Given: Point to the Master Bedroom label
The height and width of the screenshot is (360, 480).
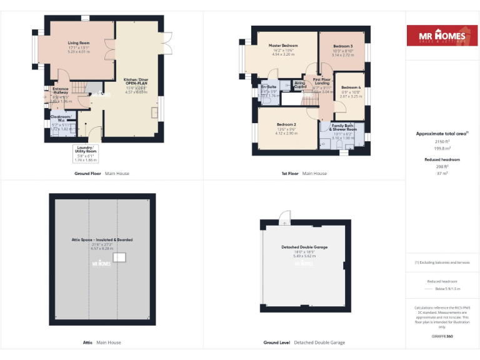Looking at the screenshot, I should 283,46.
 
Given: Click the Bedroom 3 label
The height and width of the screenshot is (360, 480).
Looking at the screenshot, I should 342,46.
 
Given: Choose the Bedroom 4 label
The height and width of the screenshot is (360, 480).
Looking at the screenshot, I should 350,87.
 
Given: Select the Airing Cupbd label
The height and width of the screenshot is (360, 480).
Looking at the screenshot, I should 300,84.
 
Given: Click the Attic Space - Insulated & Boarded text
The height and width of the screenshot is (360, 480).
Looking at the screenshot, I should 102,239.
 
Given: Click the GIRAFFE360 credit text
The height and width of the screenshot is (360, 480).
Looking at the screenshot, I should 442,336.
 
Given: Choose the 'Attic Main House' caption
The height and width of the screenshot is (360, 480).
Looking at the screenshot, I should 102,342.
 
